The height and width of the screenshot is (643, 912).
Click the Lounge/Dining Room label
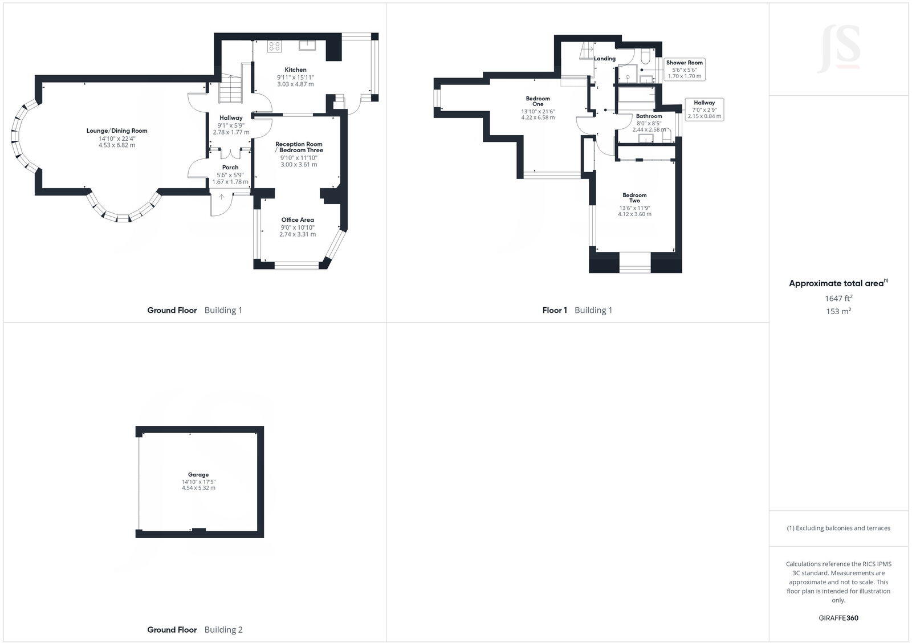pos(117,131)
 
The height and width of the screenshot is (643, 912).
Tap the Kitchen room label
pos(295,70)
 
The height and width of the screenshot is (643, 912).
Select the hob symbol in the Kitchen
pos(274,47)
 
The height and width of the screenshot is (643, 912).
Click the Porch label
pos(230,168)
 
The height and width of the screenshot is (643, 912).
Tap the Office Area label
pos(298,219)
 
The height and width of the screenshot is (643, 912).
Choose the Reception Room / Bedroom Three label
pos(299,147)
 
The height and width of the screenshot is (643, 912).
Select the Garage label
pos(198,474)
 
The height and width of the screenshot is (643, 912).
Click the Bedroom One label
pos(538,101)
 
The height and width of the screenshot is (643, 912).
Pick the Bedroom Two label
pos(634,198)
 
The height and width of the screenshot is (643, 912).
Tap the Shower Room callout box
pos(685,69)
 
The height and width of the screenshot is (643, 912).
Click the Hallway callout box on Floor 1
pos(705,109)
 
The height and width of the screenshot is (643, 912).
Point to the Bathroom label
pos(649,116)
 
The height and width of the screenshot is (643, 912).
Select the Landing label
pos(605,59)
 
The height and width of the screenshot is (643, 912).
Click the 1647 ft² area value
pos(838,298)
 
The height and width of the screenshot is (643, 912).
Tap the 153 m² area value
pos(838,311)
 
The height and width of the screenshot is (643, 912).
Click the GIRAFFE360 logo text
pos(838,618)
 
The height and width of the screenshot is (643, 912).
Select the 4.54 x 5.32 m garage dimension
pos(198,488)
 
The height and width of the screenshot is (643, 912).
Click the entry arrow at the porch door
pos(222,197)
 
